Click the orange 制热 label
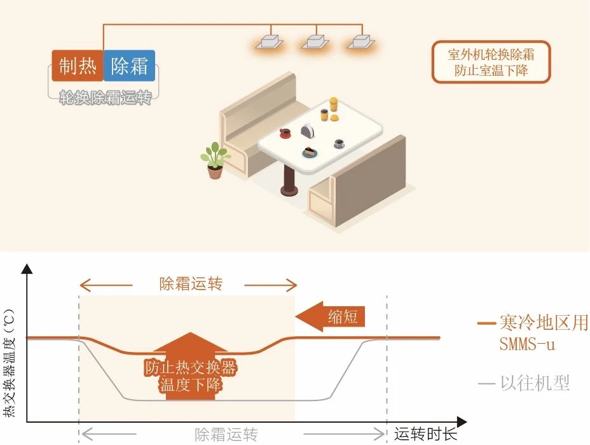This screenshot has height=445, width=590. point(77,66)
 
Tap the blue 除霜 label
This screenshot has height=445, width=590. point(130,66)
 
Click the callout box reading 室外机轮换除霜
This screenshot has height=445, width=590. point(491,62)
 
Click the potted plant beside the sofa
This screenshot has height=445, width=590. point(215,160)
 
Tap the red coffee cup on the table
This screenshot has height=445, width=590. point(285,133)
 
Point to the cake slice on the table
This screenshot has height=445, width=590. point(309,152)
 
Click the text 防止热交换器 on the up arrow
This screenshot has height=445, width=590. point(191,367)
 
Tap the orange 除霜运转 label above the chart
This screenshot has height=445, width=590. point(191,284)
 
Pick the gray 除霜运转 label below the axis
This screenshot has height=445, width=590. point(226,435)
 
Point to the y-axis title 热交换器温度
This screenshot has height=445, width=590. point(10,369)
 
